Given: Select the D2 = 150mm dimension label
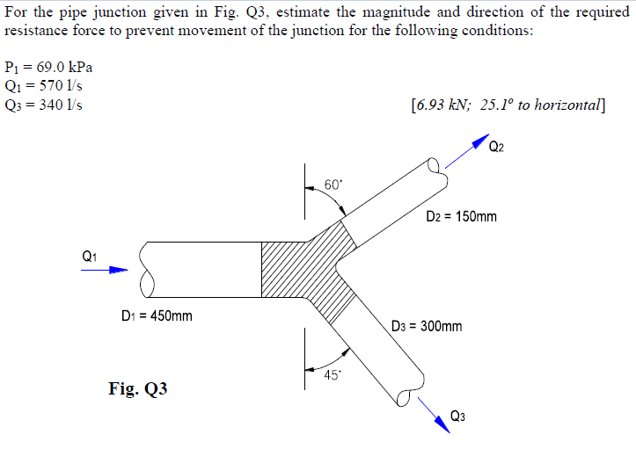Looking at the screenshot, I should pyautogui.click(x=461, y=216).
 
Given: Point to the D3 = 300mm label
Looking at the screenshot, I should pyautogui.click(x=427, y=326).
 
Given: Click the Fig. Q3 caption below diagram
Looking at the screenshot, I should pyautogui.click(x=138, y=388).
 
